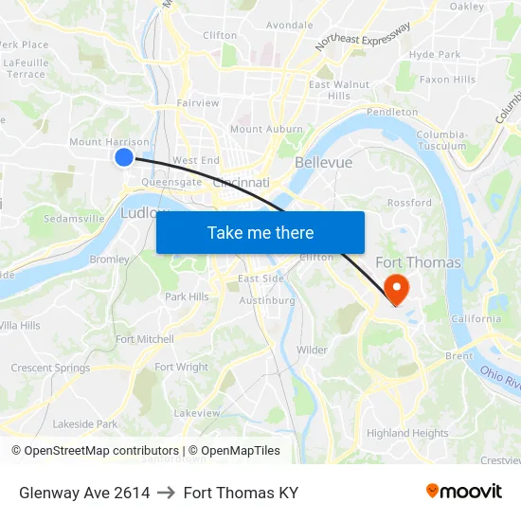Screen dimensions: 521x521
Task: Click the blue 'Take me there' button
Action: (260, 232)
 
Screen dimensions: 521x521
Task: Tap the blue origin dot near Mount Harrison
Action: (124, 157)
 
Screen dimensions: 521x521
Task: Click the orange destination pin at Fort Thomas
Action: (394, 288)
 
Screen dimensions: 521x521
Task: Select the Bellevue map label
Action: (323, 163)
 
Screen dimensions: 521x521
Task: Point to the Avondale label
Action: (289, 25)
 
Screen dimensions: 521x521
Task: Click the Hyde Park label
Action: (435, 55)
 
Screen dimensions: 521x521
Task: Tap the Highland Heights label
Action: (407, 433)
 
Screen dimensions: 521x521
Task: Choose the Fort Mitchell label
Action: (144, 339)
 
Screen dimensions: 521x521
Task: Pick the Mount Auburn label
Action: (266, 129)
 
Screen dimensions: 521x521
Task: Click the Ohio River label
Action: (501, 379)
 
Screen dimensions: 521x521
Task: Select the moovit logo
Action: (464, 492)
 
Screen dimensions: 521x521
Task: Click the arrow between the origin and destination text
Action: (167, 493)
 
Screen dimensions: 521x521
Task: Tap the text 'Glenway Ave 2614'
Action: (84, 493)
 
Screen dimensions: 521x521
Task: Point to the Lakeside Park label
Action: (85, 424)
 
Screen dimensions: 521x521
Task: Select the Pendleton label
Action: (391, 112)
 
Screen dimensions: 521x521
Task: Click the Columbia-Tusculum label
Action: (441, 140)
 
